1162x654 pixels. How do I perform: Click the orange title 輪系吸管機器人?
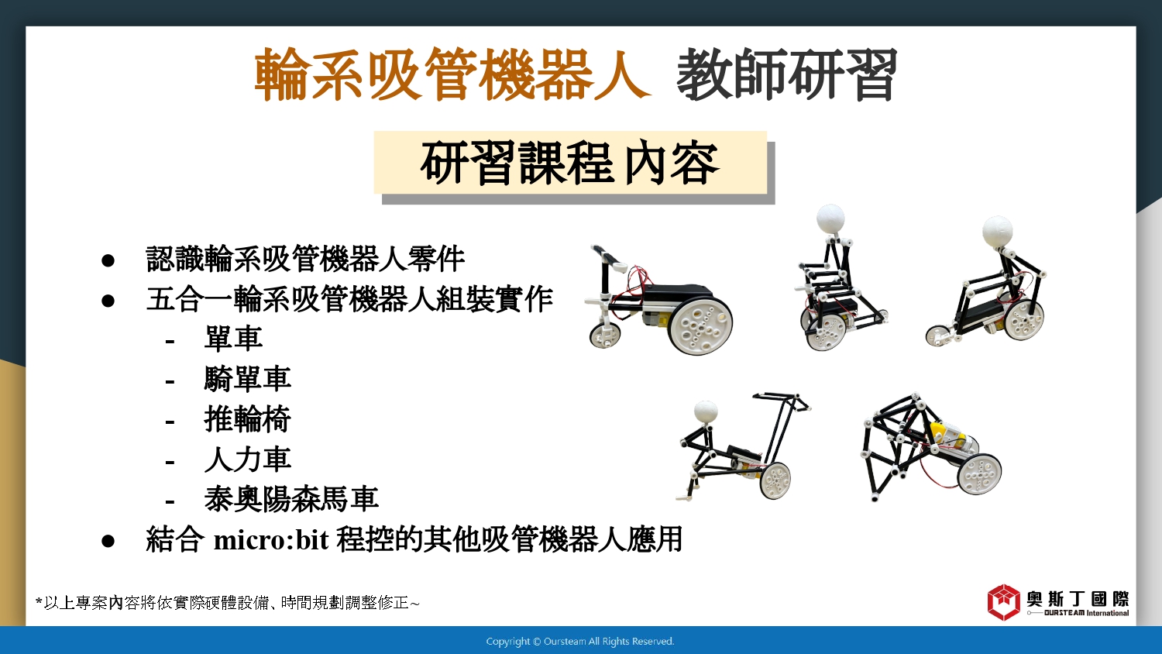(452, 74)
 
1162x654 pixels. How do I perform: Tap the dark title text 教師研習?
(786, 74)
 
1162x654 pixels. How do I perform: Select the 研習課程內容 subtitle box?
(570, 163)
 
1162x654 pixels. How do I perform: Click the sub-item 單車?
(233, 339)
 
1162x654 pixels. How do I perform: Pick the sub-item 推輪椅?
(247, 419)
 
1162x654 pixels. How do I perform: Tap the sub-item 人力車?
(247, 459)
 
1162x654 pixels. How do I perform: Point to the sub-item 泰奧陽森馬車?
(291, 499)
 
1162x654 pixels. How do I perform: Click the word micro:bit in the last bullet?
(271, 540)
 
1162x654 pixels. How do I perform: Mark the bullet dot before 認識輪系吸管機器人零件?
(108, 260)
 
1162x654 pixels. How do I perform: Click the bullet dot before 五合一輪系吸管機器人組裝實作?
(108, 301)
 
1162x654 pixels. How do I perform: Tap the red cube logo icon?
(1004, 602)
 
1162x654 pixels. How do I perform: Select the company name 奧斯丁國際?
(1078, 599)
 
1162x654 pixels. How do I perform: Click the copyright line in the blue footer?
(580, 642)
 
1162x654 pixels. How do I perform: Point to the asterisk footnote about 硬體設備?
(227, 603)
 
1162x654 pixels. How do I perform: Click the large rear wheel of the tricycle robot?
(700, 325)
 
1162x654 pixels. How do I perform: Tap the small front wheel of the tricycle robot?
(605, 335)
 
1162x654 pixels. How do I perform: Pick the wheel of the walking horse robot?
(979, 474)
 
